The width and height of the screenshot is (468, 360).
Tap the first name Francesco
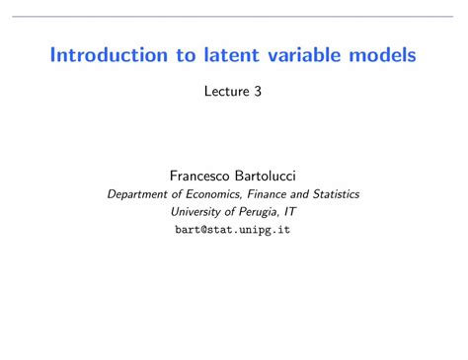coord(194,175)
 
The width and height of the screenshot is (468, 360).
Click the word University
coord(198,211)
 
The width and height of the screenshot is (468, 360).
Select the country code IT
coord(290,211)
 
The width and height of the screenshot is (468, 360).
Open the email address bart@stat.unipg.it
coord(233,229)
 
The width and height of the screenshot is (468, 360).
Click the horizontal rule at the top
coord(234,15)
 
